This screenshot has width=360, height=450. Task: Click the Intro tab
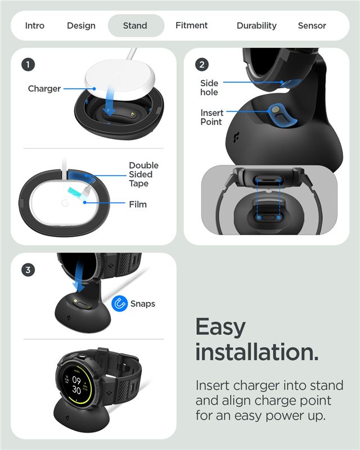[x=35, y=25]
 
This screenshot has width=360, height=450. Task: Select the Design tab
[x=81, y=26]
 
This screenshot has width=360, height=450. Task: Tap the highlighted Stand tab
[x=136, y=25]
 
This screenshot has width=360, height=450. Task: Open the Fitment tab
[x=191, y=25]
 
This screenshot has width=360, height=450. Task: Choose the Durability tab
[x=256, y=26]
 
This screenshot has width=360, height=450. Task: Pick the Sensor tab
[x=312, y=25]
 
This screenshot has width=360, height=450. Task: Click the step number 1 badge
[x=28, y=65]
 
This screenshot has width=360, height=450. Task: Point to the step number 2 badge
[x=202, y=65]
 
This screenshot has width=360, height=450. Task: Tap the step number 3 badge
[x=28, y=270]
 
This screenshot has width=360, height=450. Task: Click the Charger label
[x=44, y=89]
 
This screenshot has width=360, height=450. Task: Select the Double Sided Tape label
[x=143, y=174]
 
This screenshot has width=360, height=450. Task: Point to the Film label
[x=138, y=204]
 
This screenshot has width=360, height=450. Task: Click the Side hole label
[x=209, y=88]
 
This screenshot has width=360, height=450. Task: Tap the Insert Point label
[x=212, y=117]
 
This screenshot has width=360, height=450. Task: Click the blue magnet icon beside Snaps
[x=119, y=303]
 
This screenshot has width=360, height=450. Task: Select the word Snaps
[x=143, y=304]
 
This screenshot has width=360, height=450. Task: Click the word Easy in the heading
[x=220, y=328]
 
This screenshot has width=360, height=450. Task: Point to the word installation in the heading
[x=257, y=352]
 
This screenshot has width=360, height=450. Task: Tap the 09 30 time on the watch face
[x=76, y=385]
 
